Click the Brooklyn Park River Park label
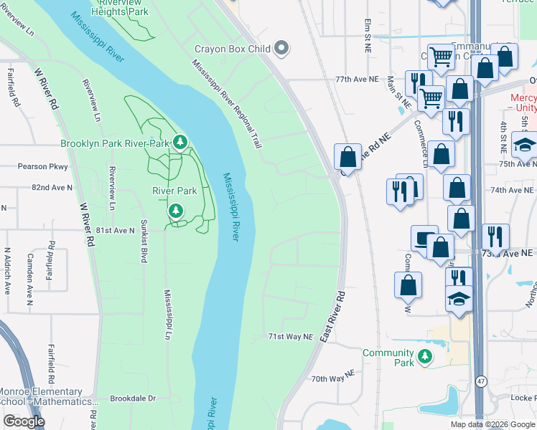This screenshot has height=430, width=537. (114, 143)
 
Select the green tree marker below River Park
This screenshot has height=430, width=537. (175, 211)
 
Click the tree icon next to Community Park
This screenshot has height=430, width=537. (426, 356)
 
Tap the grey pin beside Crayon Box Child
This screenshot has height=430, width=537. (282, 49)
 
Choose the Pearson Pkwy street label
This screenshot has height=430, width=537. (42, 166)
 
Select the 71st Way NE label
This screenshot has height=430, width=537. (291, 336)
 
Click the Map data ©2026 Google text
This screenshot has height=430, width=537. (492, 424)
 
